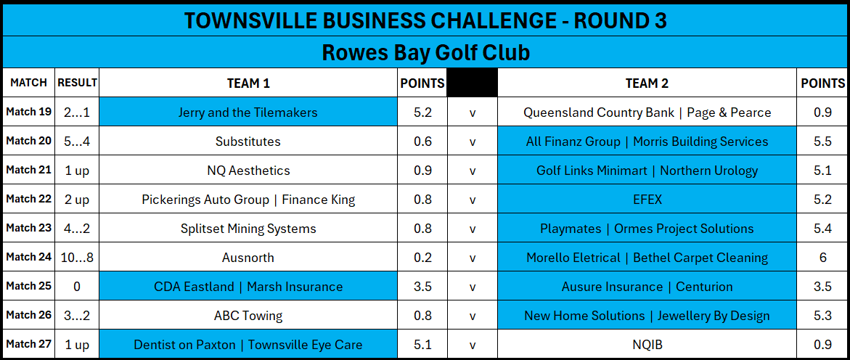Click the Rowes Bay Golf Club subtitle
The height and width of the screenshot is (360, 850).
[x=425, y=52]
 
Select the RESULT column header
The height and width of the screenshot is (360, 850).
[x=77, y=83]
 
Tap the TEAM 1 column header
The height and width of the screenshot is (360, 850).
[x=248, y=83]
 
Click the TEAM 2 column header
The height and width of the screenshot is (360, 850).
[x=647, y=83]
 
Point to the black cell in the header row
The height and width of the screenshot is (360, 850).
[x=472, y=83]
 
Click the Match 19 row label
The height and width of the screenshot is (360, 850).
[x=29, y=112]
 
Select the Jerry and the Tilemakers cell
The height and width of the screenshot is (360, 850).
[x=248, y=112]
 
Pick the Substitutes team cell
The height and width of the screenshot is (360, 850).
[x=248, y=142]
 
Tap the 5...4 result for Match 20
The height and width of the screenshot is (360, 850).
[x=77, y=142]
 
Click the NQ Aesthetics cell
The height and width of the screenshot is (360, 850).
[x=248, y=171]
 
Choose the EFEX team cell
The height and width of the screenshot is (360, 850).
[x=647, y=200]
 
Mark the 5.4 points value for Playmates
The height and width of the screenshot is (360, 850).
[x=823, y=228]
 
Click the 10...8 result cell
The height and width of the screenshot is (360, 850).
[x=77, y=258]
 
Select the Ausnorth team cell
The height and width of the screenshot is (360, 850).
[x=248, y=258]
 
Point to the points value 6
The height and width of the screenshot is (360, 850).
[x=823, y=258]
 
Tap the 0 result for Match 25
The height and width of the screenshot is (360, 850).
[x=77, y=286]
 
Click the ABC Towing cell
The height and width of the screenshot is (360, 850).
[x=248, y=316]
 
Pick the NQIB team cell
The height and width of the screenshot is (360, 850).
[x=647, y=344]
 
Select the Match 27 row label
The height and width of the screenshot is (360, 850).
[x=29, y=344]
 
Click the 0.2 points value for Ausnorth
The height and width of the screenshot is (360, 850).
[x=422, y=258]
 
